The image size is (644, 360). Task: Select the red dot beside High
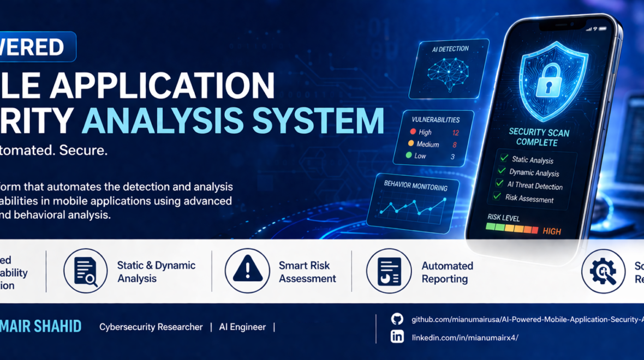click(x=413, y=132)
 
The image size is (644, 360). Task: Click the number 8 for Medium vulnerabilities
click(x=454, y=145)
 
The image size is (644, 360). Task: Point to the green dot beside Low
click(x=409, y=156)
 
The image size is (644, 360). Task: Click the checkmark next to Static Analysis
click(x=504, y=158)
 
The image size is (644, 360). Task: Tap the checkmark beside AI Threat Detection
click(x=499, y=184)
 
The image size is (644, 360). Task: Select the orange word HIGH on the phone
click(x=552, y=231)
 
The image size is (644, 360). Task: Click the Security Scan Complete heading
click(x=539, y=137)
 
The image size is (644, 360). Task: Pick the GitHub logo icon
click(x=397, y=319)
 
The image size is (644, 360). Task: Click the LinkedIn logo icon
click(x=397, y=337)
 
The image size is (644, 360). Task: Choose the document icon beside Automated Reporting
click(x=389, y=271)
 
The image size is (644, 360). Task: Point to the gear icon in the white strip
click(x=603, y=271)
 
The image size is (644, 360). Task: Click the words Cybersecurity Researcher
click(x=151, y=327)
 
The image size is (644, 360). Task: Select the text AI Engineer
click(x=242, y=327)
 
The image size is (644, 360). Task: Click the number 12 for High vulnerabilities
click(x=455, y=133)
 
